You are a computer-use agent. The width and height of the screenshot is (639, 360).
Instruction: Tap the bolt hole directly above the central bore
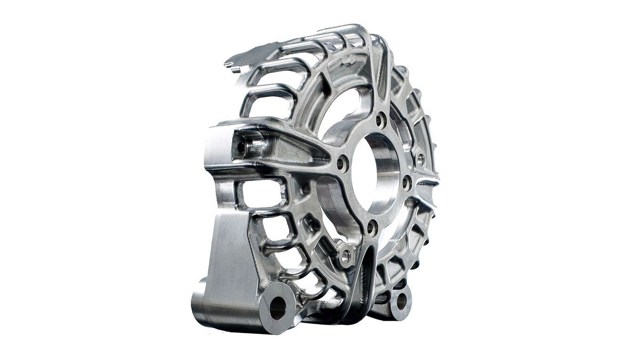pyautogui.click(x=381, y=120)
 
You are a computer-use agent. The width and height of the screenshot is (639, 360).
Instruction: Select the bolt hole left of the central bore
pyautogui.click(x=342, y=163)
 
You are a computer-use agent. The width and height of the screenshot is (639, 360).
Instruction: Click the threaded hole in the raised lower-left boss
pyautogui.click(x=346, y=256)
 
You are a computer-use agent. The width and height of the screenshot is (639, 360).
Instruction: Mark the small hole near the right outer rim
pyautogui.click(x=420, y=159)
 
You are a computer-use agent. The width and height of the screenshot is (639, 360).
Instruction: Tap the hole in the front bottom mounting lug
pyautogui.click(x=277, y=307)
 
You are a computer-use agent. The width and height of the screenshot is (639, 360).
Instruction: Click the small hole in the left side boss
pyautogui.click(x=241, y=147)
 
